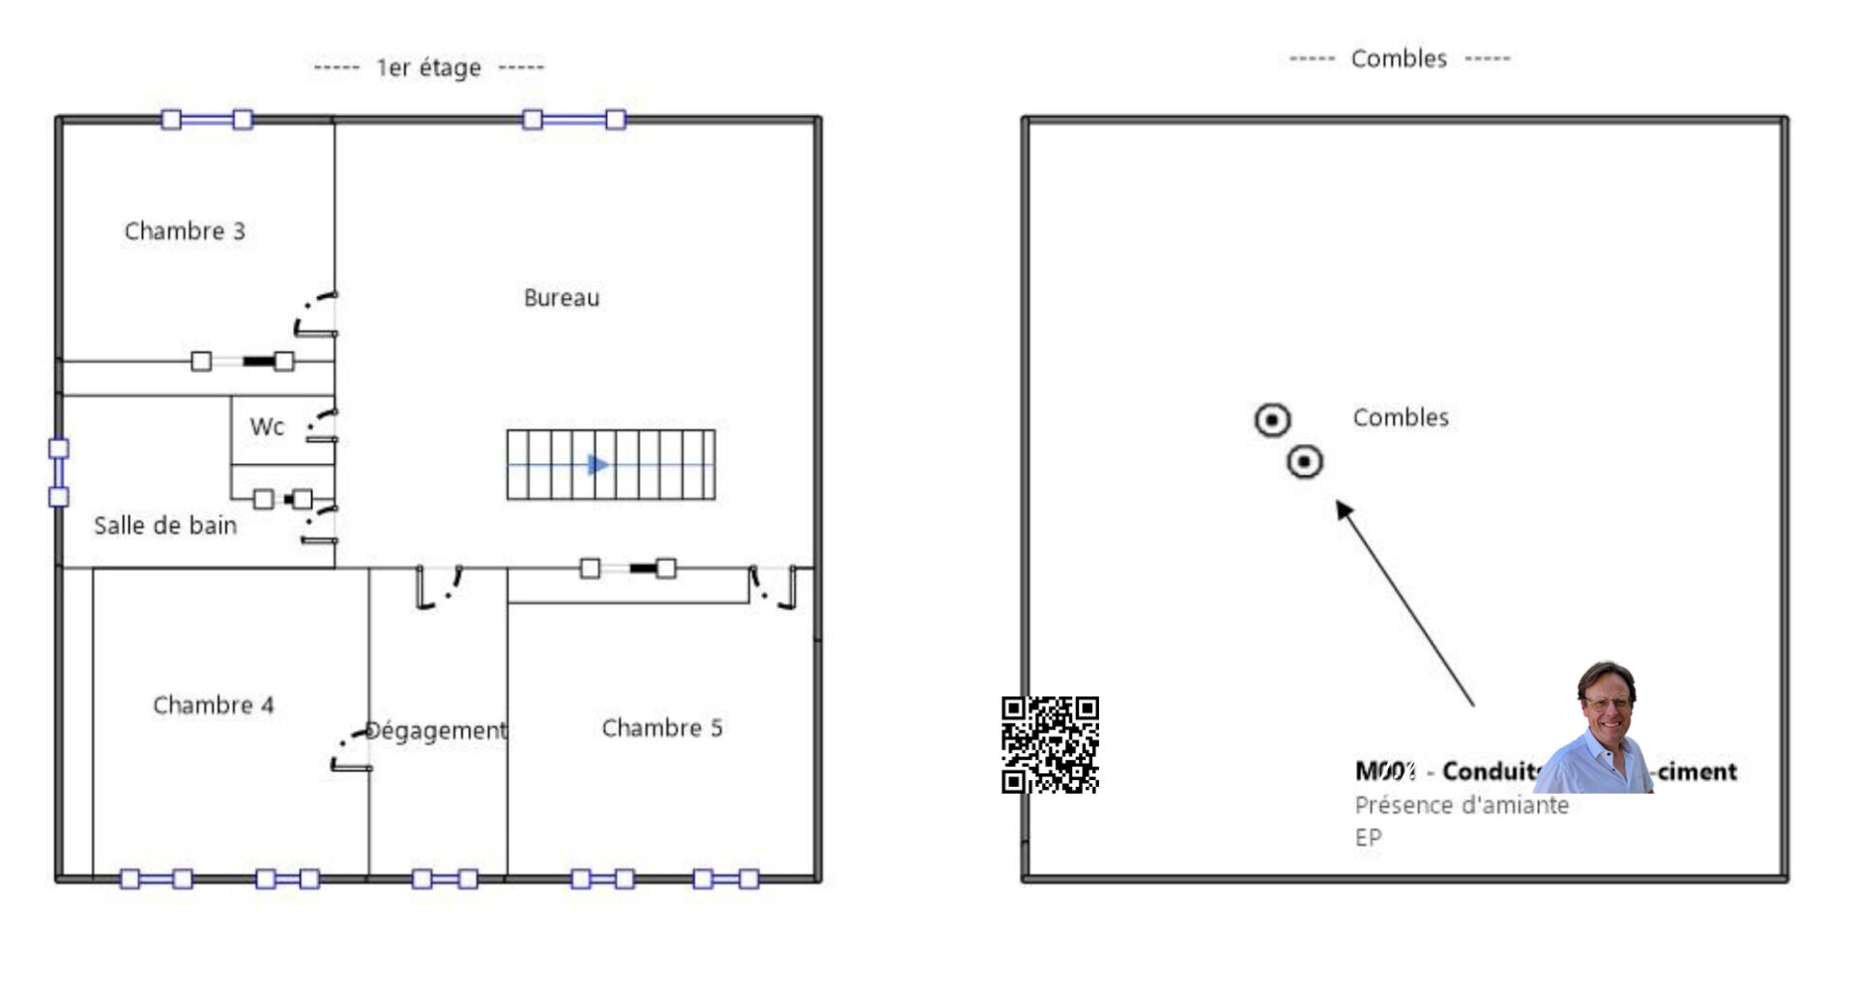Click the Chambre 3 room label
pos(185,231)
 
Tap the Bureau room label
pos(561,298)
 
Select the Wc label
pos(267,426)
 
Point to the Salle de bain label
pos(165,526)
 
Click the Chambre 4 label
pos(213,705)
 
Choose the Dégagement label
pos(436,731)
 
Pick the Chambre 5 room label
pos(661,728)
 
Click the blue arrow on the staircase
pos(598,465)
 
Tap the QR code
pos(1050,744)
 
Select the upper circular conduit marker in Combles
pos(1272,421)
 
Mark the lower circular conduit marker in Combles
pos(1304,462)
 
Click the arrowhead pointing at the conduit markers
pos(1345,509)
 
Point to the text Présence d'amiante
pos(1461,805)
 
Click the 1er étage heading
pos(428,68)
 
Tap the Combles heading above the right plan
pos(1399,59)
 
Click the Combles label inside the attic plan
pos(1400,418)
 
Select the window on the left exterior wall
pos(59,473)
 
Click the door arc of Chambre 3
pos(311,311)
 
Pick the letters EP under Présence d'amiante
pos(1368,837)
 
